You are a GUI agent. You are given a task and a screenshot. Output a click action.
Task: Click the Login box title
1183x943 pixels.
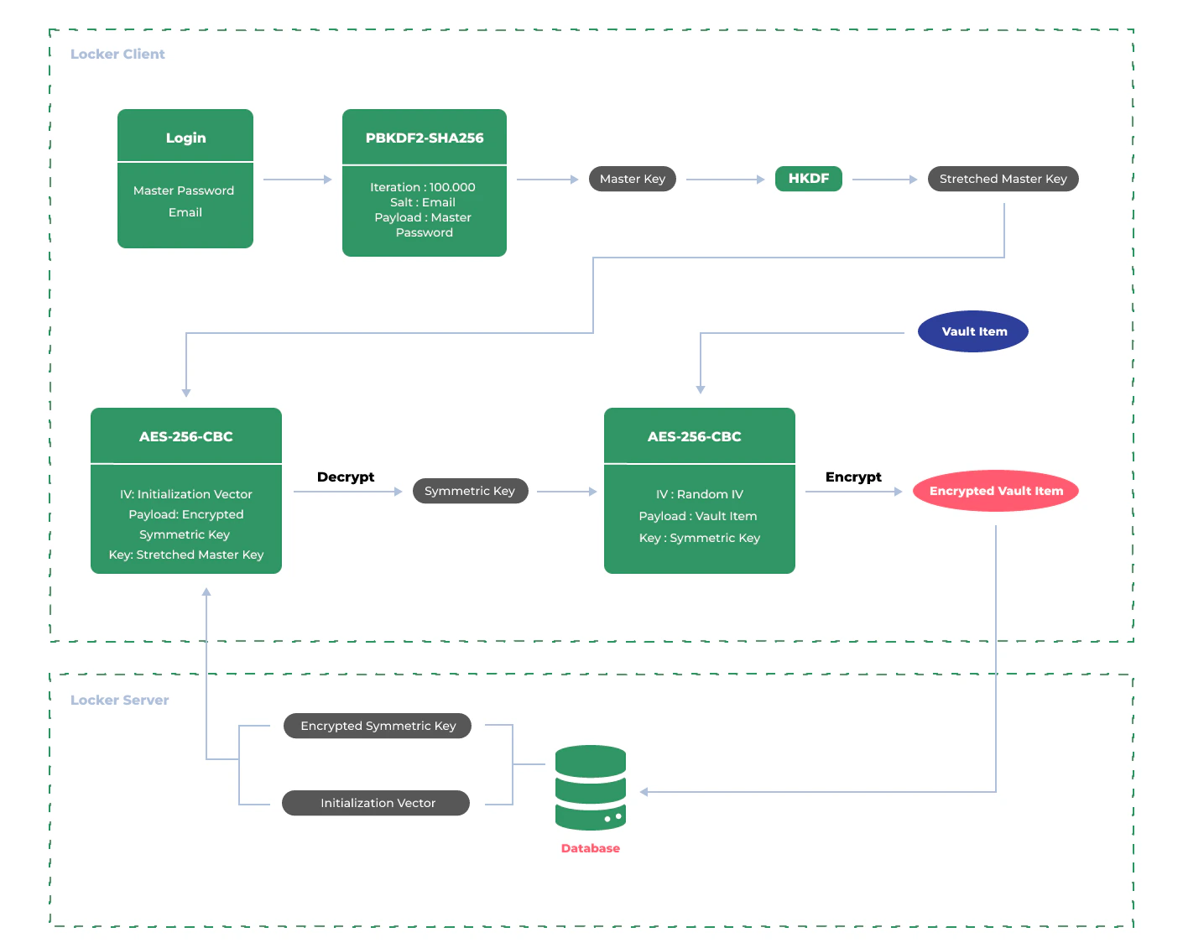coord(185,138)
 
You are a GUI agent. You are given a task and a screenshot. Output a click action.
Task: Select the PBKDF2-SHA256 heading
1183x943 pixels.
coord(424,138)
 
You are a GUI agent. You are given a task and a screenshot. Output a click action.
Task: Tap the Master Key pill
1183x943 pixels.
coord(632,179)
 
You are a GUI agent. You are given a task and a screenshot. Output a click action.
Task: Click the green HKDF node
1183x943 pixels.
coord(808,179)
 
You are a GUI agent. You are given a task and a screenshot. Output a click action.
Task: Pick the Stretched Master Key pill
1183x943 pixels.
coord(1003,179)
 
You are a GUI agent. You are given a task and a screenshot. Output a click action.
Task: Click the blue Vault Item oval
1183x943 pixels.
coord(973,331)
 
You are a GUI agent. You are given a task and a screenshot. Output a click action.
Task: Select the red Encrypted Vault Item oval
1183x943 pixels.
coord(996,491)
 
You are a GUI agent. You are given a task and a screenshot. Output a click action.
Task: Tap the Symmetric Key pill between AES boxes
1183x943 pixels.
coord(470,491)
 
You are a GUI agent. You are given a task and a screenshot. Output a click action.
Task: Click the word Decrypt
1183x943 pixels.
coord(346,477)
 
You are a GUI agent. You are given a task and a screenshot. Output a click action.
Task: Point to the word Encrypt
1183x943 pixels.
coord(853,477)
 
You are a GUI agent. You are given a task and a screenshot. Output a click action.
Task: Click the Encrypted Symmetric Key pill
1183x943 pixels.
coord(378,726)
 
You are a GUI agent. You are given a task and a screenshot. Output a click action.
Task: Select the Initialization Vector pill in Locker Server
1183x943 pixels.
coord(377,803)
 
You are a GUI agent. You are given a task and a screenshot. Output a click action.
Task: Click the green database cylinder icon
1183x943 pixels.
coord(591,788)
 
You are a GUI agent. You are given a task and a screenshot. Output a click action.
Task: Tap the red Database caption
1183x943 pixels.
coord(591,848)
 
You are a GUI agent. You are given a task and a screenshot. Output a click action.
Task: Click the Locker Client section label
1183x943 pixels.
coord(117,54)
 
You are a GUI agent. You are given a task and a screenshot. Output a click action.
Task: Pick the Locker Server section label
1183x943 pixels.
coord(119,700)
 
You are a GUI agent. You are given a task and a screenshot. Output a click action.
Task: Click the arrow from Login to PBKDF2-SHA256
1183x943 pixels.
coord(298,179)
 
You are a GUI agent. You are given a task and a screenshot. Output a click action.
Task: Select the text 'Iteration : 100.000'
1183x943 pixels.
coord(423,187)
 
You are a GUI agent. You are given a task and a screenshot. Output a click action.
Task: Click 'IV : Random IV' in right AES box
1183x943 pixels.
coord(699,494)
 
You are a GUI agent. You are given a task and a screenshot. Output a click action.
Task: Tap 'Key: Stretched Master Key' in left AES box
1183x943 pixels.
coord(186,555)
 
